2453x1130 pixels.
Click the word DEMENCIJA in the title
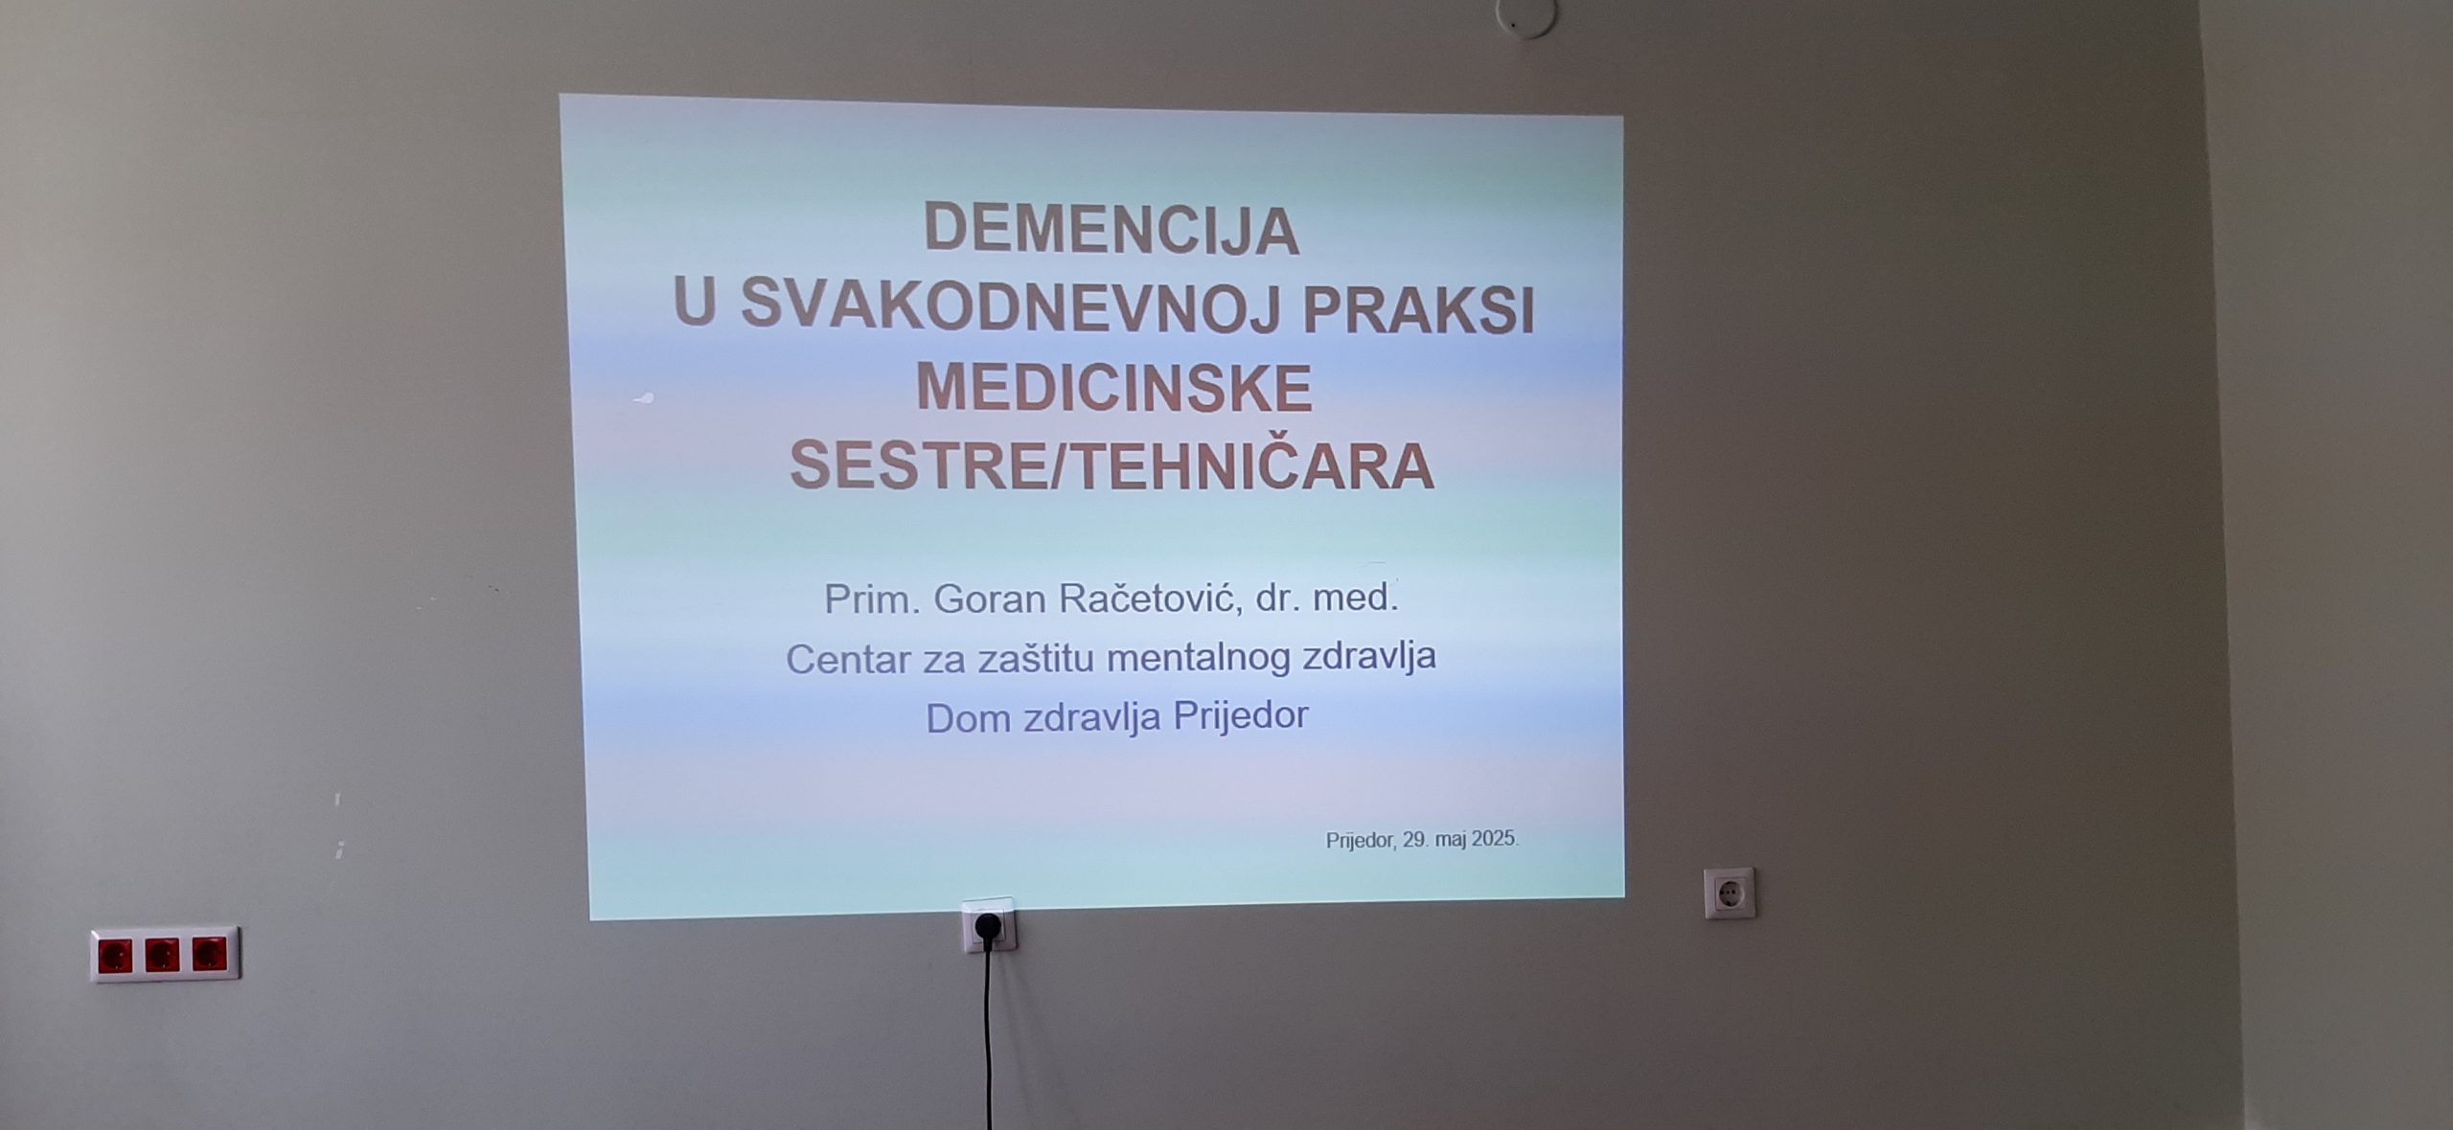click(x=1111, y=230)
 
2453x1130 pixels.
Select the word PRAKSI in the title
click(x=1419, y=307)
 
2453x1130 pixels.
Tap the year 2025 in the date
click(x=1494, y=839)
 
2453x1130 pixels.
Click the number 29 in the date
click(x=1414, y=840)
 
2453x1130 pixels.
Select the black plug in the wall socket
click(x=987, y=925)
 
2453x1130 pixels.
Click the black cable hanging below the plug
click(x=988, y=1034)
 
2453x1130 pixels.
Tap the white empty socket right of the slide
click(x=1729, y=893)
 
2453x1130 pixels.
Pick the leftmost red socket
click(x=114, y=956)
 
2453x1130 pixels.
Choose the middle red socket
click(x=162, y=955)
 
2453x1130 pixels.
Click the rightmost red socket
click(x=209, y=953)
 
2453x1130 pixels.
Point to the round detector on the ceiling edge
click(x=1525, y=16)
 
